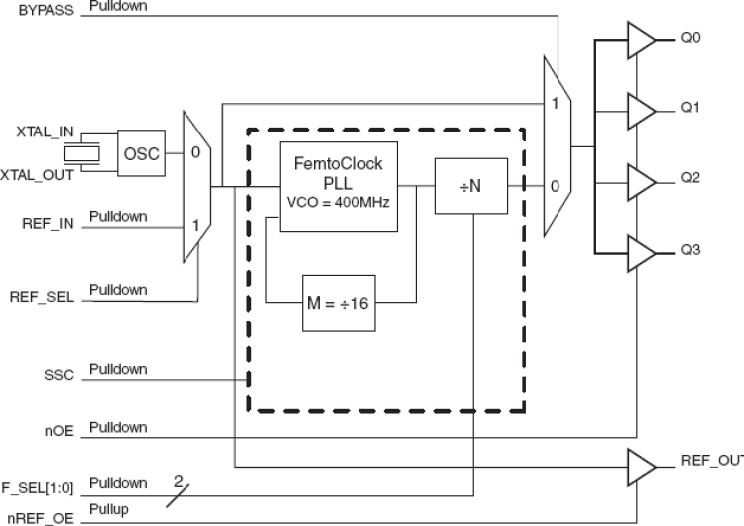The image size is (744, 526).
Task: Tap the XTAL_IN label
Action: click(x=45, y=131)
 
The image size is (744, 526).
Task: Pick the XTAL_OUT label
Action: click(x=41, y=174)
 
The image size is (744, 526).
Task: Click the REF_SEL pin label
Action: click(x=44, y=297)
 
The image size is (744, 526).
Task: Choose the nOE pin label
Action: click(x=63, y=429)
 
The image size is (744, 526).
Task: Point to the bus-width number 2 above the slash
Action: click(x=180, y=480)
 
